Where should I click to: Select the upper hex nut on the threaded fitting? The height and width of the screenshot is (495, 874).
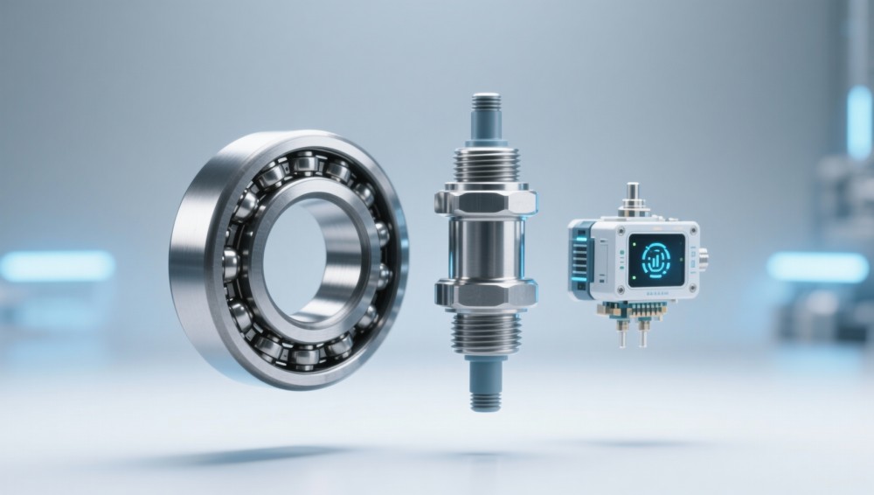tap(484, 199)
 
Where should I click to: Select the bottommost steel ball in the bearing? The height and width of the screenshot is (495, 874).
tap(305, 356)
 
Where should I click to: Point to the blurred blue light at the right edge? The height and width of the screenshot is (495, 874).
tap(818, 268)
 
